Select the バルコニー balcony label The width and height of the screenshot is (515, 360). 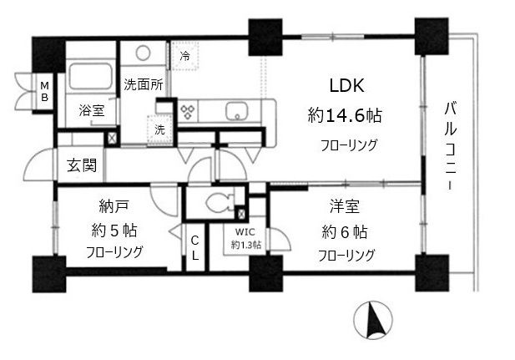[x=452, y=146]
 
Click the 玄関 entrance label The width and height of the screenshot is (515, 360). [x=81, y=165]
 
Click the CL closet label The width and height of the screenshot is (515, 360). [x=194, y=247]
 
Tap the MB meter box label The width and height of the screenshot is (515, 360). [x=44, y=90]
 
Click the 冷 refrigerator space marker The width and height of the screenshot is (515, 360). [x=185, y=57]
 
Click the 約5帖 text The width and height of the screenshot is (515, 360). [x=114, y=228]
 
